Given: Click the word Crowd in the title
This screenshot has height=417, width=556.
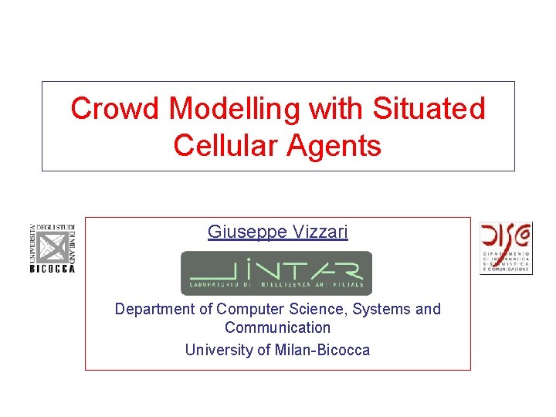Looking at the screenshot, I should pyautogui.click(x=117, y=109).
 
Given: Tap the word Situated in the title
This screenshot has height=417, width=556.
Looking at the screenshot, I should pyautogui.click(x=429, y=109).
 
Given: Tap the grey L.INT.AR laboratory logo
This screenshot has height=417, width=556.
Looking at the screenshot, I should pyautogui.click(x=276, y=273).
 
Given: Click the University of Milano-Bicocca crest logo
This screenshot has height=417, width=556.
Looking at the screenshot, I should pyautogui.click(x=52, y=247).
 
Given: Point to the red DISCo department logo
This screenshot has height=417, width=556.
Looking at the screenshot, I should pyautogui.click(x=506, y=248).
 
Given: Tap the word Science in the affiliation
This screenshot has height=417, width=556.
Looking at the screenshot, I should pyautogui.click(x=315, y=309).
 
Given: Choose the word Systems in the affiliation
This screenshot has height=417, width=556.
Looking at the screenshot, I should pyautogui.click(x=383, y=309).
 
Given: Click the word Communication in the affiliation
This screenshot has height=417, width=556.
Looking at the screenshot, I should pyautogui.click(x=277, y=328).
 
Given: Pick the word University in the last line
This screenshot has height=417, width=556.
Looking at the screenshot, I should pyautogui.click(x=219, y=350).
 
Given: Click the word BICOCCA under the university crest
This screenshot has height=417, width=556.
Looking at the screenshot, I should pyautogui.click(x=52, y=269).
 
